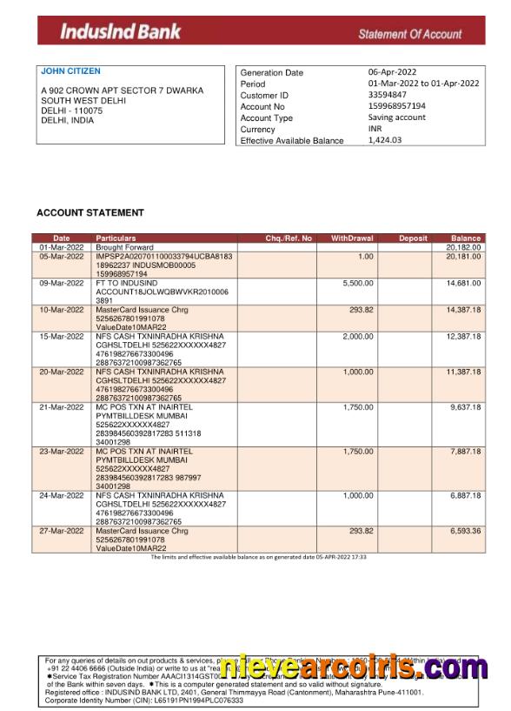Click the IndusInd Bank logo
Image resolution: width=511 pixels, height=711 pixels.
click(120, 32)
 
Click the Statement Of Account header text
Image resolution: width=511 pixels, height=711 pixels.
click(409, 34)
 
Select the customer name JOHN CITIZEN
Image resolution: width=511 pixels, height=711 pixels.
click(70, 71)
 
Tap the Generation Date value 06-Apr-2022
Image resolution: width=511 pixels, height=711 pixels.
click(392, 72)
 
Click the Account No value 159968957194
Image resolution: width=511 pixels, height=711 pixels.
click(397, 106)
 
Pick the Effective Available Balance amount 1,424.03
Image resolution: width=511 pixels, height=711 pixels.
click(385, 139)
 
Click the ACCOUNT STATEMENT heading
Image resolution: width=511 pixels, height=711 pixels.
click(90, 212)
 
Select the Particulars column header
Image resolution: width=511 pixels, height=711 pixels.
click(116, 238)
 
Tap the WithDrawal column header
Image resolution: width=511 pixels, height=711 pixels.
click(352, 238)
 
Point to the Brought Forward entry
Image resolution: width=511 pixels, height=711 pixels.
click(124, 247)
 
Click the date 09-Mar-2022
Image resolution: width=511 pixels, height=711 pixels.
click(61, 283)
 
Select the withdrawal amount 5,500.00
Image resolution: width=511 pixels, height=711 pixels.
click(358, 283)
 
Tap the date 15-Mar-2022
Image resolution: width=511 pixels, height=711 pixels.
click(61, 336)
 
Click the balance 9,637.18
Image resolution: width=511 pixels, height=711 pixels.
click(465, 406)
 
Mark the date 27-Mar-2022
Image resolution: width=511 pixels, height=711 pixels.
click(61, 530)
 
